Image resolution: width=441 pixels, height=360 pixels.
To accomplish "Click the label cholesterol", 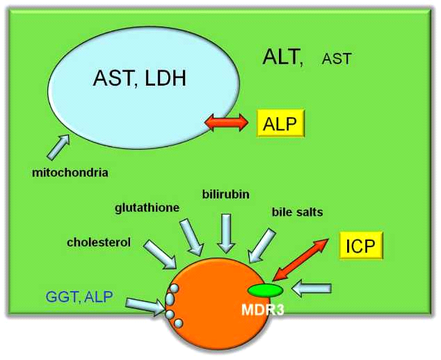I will tap(99, 242).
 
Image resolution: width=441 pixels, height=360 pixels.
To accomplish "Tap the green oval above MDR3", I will tap(264, 290).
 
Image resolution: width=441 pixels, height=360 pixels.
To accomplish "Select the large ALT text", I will tap(284, 57).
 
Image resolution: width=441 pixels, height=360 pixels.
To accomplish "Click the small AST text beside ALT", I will tap(337, 60).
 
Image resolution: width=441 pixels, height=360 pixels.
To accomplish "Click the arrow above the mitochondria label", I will tap(58, 147).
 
